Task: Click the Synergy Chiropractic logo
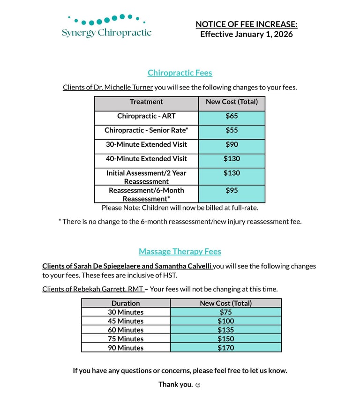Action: click(106, 26)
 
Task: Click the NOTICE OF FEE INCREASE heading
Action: click(246, 24)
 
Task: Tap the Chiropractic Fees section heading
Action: click(180, 73)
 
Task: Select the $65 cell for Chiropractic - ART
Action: click(232, 116)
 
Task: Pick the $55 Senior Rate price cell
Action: click(232, 130)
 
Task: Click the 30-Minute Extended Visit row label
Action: click(146, 144)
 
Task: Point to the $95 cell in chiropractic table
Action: click(232, 191)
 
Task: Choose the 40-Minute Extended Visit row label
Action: click(146, 159)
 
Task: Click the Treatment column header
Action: click(146, 102)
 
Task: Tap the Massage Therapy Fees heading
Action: click(180, 252)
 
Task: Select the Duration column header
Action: click(126, 303)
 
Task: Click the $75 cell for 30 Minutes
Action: click(226, 312)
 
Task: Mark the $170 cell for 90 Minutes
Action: click(226, 348)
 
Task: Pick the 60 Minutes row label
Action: click(126, 330)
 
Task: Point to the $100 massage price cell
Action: click(226, 321)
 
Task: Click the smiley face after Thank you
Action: click(198, 385)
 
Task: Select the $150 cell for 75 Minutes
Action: click(226, 339)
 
